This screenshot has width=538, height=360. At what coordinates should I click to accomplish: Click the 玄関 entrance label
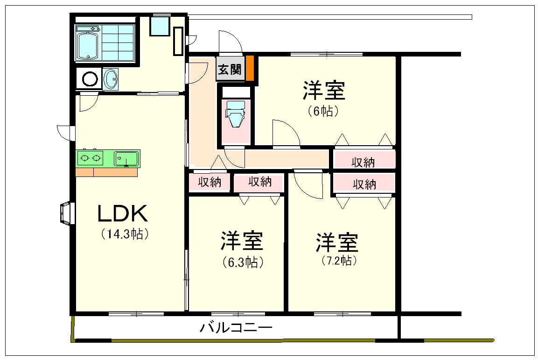click(230, 70)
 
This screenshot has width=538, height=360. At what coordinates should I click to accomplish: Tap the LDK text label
click(123, 213)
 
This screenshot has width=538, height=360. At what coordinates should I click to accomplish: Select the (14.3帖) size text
click(125, 234)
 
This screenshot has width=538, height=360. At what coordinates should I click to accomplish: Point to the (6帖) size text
click(323, 111)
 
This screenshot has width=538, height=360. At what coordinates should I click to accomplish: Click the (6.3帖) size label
click(243, 262)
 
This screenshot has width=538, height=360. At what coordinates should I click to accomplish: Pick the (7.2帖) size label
click(339, 261)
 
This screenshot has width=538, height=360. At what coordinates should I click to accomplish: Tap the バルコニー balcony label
click(236, 327)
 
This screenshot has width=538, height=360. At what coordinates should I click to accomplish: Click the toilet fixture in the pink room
click(235, 113)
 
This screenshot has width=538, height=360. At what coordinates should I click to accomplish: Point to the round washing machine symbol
click(90, 78)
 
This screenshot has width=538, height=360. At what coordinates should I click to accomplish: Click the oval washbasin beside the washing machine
click(111, 79)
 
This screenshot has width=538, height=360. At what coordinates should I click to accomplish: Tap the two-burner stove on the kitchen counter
click(90, 158)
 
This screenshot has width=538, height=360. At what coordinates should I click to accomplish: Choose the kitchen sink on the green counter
click(126, 159)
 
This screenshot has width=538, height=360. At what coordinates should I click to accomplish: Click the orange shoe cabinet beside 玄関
click(250, 68)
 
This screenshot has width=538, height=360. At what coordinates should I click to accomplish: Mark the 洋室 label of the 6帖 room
click(323, 90)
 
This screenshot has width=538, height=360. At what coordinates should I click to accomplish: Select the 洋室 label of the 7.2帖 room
click(337, 243)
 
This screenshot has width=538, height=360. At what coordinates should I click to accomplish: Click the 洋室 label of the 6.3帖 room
click(242, 241)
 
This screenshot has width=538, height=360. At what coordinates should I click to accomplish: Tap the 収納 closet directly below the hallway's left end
click(210, 182)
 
